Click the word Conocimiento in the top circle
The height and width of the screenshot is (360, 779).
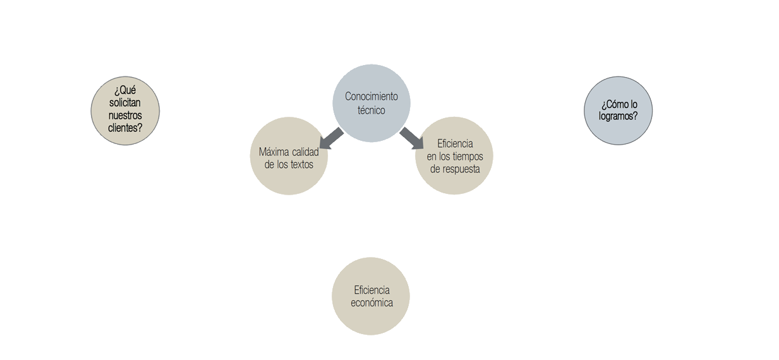[x=371, y=97]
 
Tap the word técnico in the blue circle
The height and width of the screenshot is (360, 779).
[x=371, y=110]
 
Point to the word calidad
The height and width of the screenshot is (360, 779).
[x=305, y=152]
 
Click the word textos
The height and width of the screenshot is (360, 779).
[x=301, y=164]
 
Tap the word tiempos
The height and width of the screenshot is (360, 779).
[x=468, y=156]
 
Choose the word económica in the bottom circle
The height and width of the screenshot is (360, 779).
[x=371, y=303]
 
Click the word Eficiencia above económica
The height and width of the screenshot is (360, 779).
[x=371, y=290]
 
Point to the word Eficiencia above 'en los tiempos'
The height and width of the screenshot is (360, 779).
[x=455, y=143]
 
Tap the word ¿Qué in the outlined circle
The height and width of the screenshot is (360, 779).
[x=125, y=90]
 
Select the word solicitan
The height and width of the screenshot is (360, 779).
[x=125, y=103]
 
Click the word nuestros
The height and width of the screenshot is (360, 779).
[x=125, y=116]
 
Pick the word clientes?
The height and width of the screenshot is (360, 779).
[x=125, y=128]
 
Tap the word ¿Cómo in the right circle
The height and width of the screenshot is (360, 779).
[x=614, y=104]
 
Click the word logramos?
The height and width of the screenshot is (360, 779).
[x=618, y=117]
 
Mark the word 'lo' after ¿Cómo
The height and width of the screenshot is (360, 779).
[x=633, y=104]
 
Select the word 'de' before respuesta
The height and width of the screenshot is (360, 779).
[x=435, y=169]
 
